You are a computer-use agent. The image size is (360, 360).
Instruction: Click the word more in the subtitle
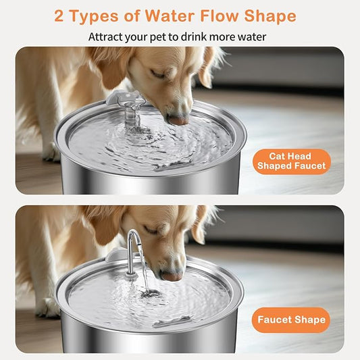coord(233,36)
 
